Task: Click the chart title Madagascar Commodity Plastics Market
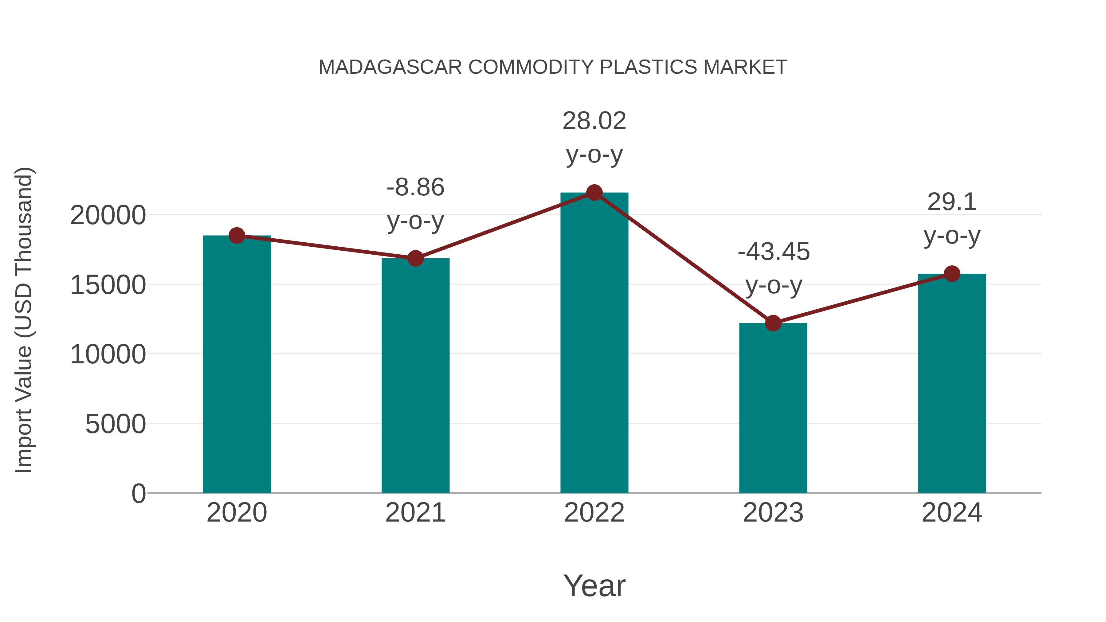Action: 553,67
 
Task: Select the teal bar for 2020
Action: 237,365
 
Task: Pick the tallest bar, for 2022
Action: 594,343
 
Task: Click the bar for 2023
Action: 773,408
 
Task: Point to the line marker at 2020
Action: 237,235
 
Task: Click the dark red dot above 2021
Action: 415,258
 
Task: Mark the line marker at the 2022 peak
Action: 594,193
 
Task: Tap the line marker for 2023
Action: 773,323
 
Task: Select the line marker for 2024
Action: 952,273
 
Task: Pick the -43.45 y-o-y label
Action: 773,268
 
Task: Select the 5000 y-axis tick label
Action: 116,424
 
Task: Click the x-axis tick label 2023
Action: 773,513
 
